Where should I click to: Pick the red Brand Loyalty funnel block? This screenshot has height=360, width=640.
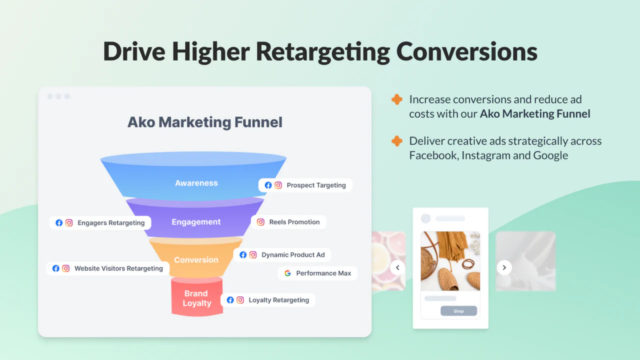tap(197, 297)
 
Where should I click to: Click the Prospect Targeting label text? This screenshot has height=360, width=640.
tap(316, 185)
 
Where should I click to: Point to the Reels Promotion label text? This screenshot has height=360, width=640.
tap(294, 222)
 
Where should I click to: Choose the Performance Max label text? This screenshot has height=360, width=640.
tap(324, 273)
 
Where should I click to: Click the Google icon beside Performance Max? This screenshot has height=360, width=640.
tap(287, 273)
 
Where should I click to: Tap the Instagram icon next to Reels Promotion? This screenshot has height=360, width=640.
tap(261, 222)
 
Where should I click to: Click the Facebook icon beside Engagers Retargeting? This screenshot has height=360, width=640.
tap(59, 223)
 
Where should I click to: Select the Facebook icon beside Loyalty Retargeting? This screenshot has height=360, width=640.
tap(230, 300)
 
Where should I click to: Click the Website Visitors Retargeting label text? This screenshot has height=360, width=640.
tap(118, 268)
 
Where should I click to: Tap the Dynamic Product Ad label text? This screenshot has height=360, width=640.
tap(293, 255)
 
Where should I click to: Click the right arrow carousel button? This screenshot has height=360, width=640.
tap(504, 267)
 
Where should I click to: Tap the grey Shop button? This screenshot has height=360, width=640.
tap(458, 311)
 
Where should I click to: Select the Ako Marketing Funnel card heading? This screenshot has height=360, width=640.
tap(205, 122)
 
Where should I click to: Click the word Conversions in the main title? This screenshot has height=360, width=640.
tap(466, 52)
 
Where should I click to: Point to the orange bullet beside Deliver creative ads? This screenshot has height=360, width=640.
tap(397, 141)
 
